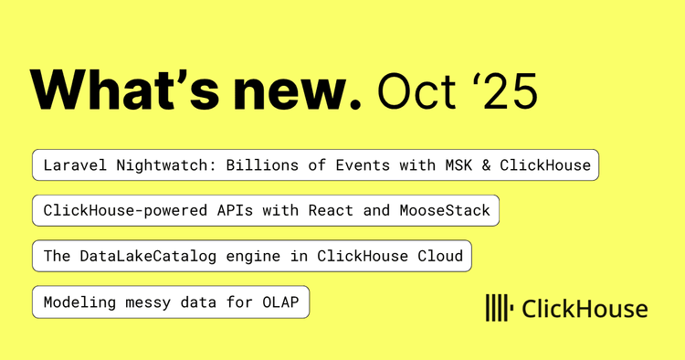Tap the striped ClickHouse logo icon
click(498, 309)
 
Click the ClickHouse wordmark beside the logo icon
click(585, 309)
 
